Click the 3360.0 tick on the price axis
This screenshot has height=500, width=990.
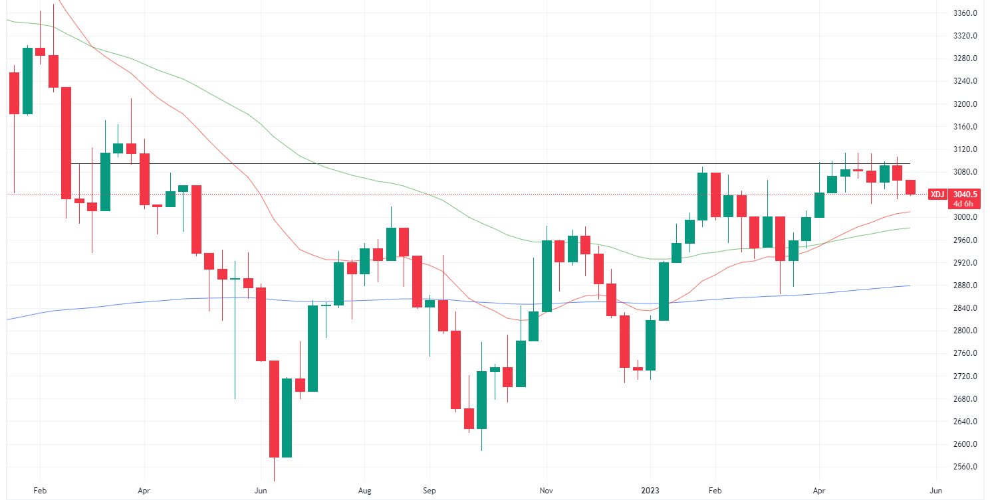[x=964, y=13]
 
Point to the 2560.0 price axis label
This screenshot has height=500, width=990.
[x=964, y=467]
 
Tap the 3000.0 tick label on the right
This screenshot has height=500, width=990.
[x=964, y=217]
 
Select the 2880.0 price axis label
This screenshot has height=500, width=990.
[x=964, y=286]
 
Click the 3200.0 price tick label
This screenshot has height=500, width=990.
[x=964, y=104]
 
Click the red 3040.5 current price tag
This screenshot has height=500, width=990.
[x=964, y=195]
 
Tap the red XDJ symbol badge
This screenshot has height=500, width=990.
[x=937, y=195]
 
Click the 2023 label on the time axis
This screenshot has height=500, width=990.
[x=650, y=491]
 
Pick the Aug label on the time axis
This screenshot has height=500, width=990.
[x=364, y=491]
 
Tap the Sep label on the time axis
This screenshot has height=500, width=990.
[x=429, y=491]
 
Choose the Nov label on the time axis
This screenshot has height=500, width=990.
[x=546, y=491]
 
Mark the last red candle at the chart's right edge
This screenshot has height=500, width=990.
[x=910, y=187]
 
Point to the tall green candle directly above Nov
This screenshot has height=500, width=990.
[x=546, y=276]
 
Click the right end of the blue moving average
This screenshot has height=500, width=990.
[x=910, y=286]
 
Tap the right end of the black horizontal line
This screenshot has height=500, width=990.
[x=910, y=163]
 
